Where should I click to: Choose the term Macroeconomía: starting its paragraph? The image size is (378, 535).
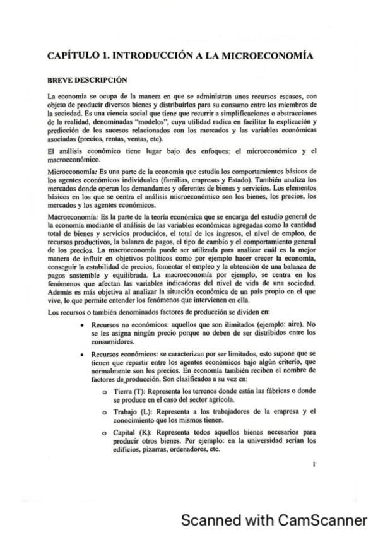(x=73, y=216)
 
